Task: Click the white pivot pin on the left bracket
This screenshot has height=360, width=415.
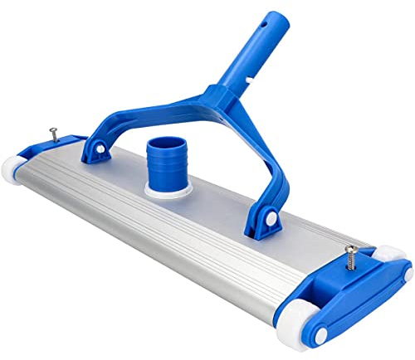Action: [98, 148]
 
